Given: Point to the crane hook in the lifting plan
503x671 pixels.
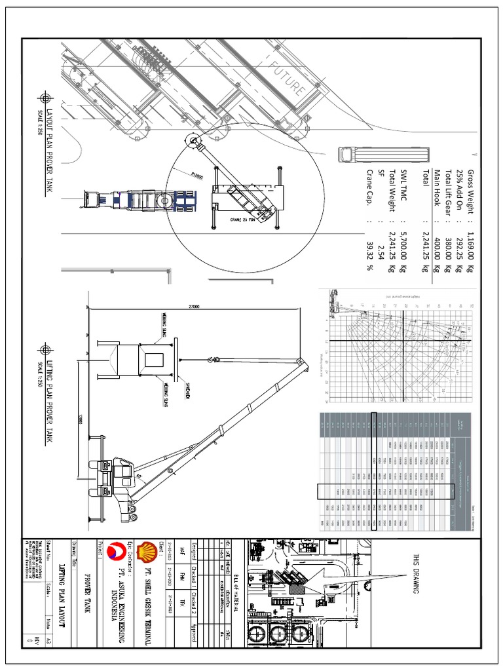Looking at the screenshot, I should coord(211,360).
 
